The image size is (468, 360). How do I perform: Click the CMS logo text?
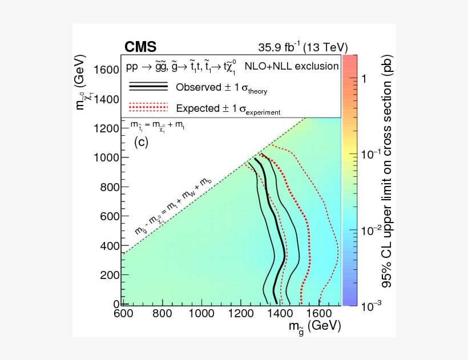pos(140,47)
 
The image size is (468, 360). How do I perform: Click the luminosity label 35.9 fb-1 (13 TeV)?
pos(302,47)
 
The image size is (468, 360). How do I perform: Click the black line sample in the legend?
pos(148,86)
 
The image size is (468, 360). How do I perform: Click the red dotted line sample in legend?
pos(148,107)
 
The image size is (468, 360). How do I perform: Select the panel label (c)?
pos(141,142)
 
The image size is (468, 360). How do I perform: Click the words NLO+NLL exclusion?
pos(292,66)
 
